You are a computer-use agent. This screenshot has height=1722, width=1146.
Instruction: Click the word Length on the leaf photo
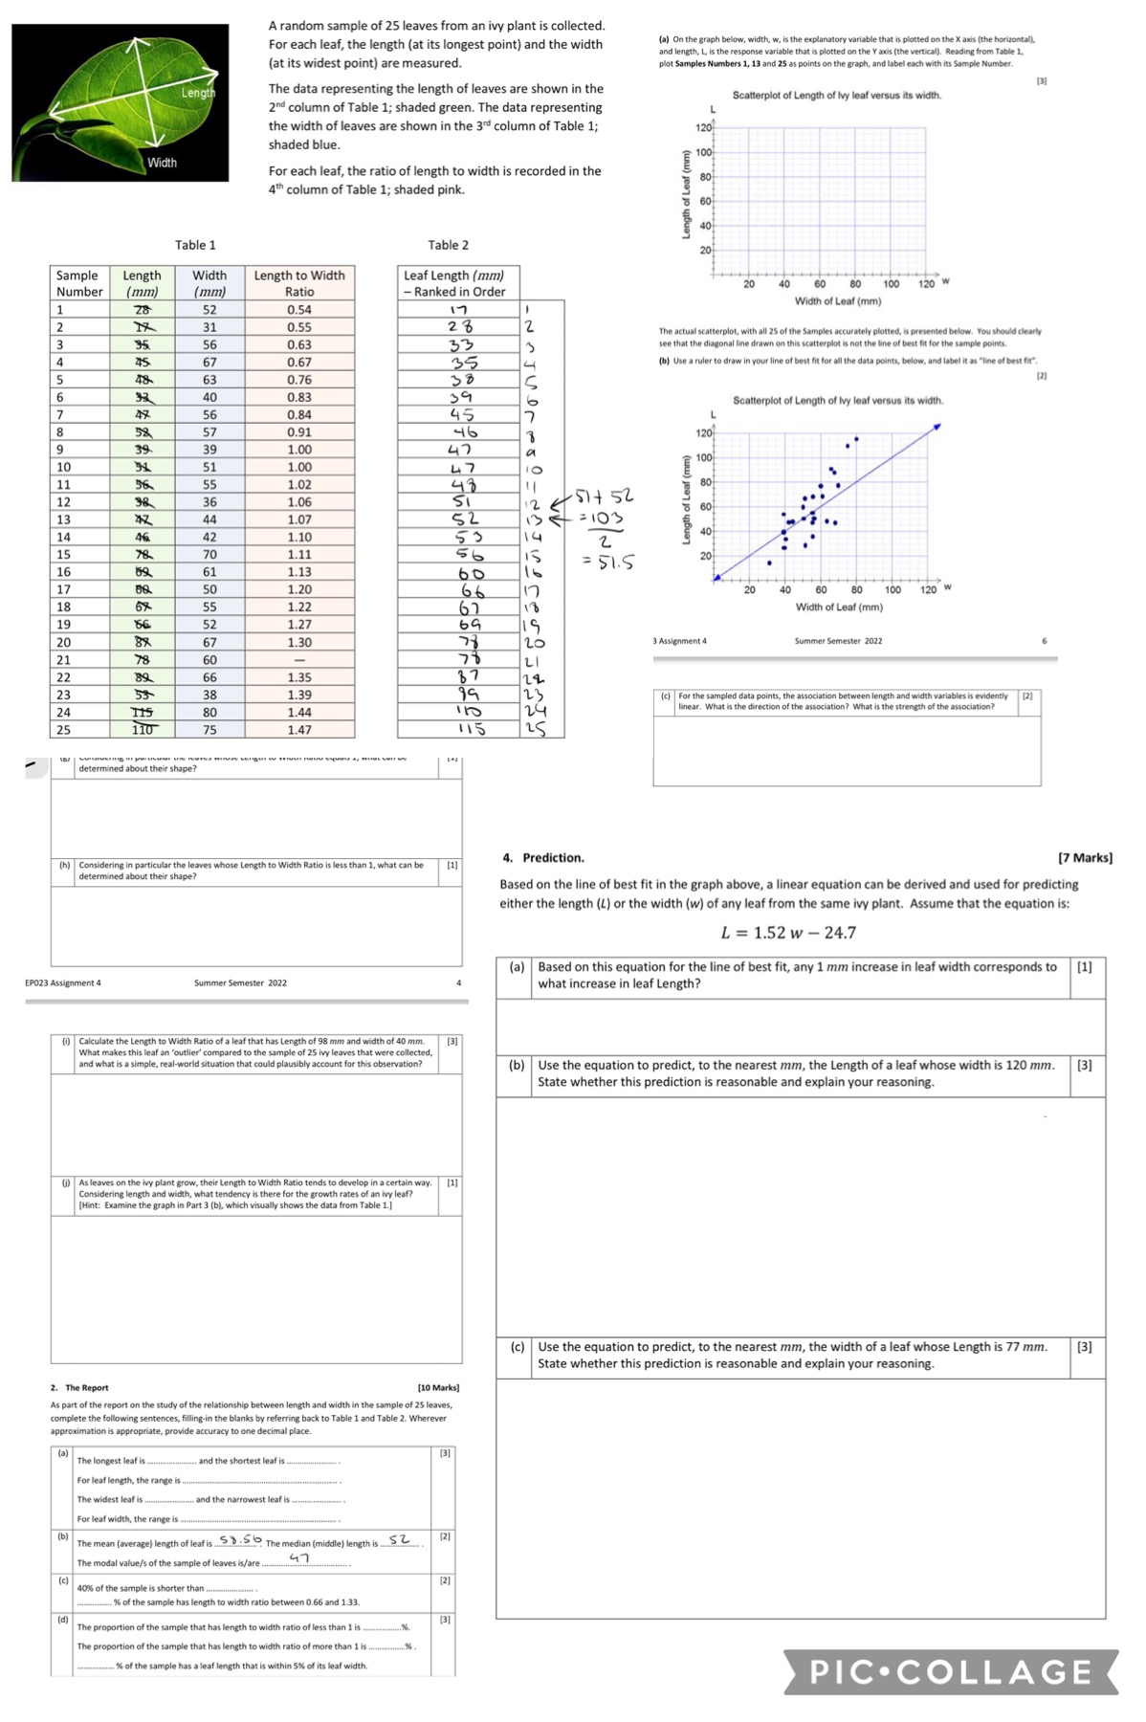tap(198, 93)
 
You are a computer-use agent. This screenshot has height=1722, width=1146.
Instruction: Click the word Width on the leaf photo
tap(162, 163)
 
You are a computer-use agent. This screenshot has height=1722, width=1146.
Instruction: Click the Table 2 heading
tap(448, 245)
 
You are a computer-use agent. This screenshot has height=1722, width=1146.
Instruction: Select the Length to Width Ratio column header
tap(299, 283)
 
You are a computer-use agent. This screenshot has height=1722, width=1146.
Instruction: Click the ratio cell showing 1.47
tap(299, 730)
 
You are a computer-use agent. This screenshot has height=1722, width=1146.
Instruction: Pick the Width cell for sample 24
tap(209, 713)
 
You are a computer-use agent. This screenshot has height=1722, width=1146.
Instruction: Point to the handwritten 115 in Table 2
tap(470, 729)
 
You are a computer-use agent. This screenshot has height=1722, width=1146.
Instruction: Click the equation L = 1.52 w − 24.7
tap(788, 933)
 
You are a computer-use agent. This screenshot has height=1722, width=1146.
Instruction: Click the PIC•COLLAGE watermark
tap(951, 1671)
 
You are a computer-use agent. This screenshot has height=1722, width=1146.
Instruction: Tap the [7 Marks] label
tap(1085, 858)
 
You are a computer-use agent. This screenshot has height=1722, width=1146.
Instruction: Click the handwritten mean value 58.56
tap(240, 1539)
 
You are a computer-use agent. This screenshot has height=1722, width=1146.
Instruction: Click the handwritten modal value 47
tap(299, 1558)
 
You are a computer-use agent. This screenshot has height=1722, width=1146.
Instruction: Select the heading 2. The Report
tap(79, 1387)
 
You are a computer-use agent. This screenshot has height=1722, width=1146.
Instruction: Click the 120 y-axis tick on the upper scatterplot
tap(703, 128)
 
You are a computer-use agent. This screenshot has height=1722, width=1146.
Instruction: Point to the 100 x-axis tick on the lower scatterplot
tap(892, 590)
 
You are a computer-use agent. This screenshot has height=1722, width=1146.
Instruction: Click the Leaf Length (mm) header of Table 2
tap(454, 283)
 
